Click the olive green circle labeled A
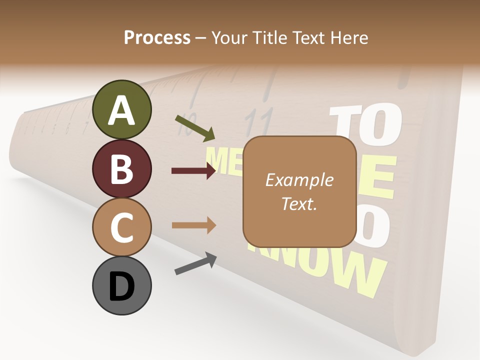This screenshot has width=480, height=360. click(121, 109)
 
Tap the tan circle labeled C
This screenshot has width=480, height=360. click(121, 227)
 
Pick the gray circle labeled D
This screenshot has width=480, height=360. click(121, 285)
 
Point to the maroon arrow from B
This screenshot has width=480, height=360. click(193, 171)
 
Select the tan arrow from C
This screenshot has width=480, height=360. click(193, 225)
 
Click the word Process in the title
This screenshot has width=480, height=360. click(157, 37)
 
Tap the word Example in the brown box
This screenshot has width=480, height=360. click(299, 180)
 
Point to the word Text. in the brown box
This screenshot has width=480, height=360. click(299, 203)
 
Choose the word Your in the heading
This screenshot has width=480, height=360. click(229, 37)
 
